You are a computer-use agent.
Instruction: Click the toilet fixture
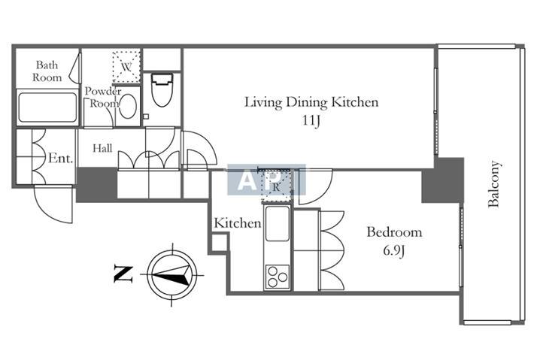(162, 90)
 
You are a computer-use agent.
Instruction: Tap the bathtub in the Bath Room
(47, 107)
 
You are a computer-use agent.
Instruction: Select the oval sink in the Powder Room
(128, 107)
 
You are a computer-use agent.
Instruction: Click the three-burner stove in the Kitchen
(278, 277)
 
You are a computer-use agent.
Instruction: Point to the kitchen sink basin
(278, 223)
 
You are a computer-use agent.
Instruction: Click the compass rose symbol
(172, 274)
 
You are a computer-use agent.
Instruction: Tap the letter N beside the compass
(123, 274)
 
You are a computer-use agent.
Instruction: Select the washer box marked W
(126, 67)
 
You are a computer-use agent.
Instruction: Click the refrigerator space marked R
(276, 186)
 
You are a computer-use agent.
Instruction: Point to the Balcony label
(494, 184)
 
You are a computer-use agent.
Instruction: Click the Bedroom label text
(394, 232)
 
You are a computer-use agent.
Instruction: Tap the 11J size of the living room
(311, 121)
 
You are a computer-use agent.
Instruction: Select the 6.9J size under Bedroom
(394, 251)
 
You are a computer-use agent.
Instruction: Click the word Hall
(102, 148)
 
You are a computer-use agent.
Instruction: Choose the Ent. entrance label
(61, 159)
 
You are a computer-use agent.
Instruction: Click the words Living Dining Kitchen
(311, 102)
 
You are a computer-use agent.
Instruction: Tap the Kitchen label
(238, 223)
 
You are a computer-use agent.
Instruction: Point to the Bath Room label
(47, 71)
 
